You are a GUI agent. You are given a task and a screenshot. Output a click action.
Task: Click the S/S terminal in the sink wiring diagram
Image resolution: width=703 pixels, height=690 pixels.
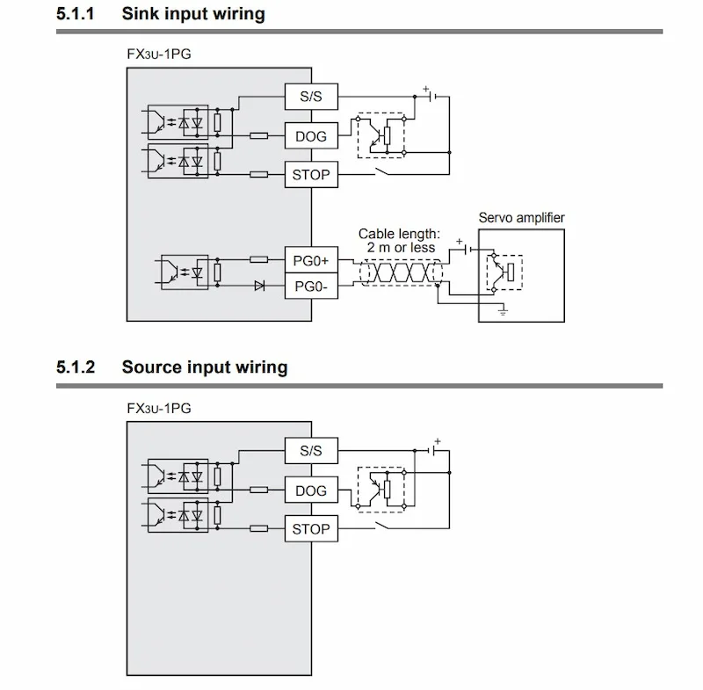pyautogui.click(x=311, y=97)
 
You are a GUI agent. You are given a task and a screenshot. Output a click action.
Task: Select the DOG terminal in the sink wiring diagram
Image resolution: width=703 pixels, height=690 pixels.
pyautogui.click(x=311, y=136)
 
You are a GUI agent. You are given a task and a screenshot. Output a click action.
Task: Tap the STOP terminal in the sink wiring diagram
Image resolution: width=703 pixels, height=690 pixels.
pyautogui.click(x=311, y=174)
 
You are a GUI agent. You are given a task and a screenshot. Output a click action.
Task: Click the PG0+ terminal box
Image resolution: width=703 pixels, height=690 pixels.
pyautogui.click(x=311, y=259)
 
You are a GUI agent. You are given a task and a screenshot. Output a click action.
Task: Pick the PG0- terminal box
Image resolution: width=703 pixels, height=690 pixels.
pyautogui.click(x=311, y=286)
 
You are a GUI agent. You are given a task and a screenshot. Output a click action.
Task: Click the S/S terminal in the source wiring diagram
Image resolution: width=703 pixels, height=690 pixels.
pyautogui.click(x=311, y=451)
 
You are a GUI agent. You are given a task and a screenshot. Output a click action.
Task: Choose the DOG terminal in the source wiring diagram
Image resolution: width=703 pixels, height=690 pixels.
pyautogui.click(x=311, y=490)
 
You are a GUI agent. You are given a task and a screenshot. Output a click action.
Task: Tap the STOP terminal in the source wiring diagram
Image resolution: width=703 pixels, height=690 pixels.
pyautogui.click(x=311, y=528)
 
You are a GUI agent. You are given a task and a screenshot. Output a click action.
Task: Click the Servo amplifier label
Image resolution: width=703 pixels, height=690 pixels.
pyautogui.click(x=521, y=218)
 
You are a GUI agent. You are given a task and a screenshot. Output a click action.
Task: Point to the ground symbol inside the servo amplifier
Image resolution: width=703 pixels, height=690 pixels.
pyautogui.click(x=503, y=310)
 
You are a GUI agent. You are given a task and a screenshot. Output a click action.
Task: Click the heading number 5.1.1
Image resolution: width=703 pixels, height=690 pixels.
pyautogui.click(x=76, y=14)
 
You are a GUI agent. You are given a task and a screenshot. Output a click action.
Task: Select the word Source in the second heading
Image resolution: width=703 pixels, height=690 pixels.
pyautogui.click(x=151, y=367)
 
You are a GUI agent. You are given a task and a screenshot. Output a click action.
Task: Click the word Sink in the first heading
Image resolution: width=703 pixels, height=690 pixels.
pyautogui.click(x=141, y=14)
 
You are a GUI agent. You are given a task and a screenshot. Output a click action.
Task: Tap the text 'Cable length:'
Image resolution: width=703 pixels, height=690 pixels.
pyautogui.click(x=399, y=234)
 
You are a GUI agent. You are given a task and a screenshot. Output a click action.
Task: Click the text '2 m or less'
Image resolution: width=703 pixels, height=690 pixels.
pyautogui.click(x=401, y=248)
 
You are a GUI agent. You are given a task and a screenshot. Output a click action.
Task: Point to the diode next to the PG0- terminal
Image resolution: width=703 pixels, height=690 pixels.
pyautogui.click(x=259, y=286)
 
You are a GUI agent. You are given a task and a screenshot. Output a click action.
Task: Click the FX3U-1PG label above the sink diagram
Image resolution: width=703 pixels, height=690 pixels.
pyautogui.click(x=159, y=54)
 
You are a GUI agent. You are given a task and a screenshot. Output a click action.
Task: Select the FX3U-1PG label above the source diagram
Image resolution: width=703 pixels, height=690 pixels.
pyautogui.click(x=159, y=409)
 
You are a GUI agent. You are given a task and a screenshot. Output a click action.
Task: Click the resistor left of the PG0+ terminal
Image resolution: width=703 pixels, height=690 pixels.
pyautogui.click(x=258, y=259)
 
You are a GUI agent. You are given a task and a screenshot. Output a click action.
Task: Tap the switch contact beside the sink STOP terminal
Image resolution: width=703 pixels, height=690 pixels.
pyautogui.click(x=382, y=171)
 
